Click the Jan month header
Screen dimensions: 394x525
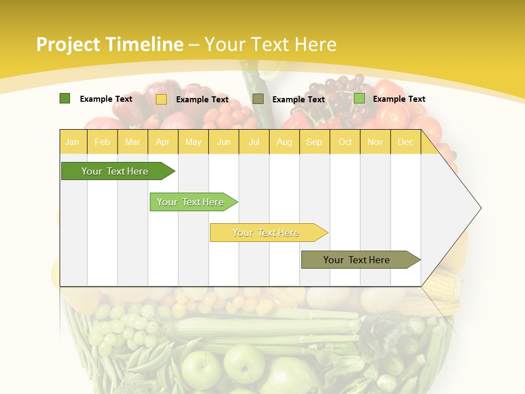pos(72,142)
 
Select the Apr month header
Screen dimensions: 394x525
pos(163,142)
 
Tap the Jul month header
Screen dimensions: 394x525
pos(254,142)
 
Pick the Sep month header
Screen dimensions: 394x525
pos(314,142)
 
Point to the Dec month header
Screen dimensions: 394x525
pos(406,142)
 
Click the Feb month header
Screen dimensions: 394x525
pos(102,142)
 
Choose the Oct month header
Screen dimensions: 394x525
pos(345,142)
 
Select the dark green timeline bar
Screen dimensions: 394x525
pos(115,171)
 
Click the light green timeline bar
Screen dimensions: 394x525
pos(190,202)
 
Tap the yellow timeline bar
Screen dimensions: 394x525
pos(266,233)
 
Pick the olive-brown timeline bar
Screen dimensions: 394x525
pos(357,260)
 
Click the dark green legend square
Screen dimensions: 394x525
pos(65,99)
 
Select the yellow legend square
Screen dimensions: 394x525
pos(161,99)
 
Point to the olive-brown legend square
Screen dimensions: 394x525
pos(258,99)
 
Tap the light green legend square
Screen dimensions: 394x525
pos(359,99)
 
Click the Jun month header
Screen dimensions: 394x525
pos(224,142)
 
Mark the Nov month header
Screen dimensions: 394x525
pos(375,142)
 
